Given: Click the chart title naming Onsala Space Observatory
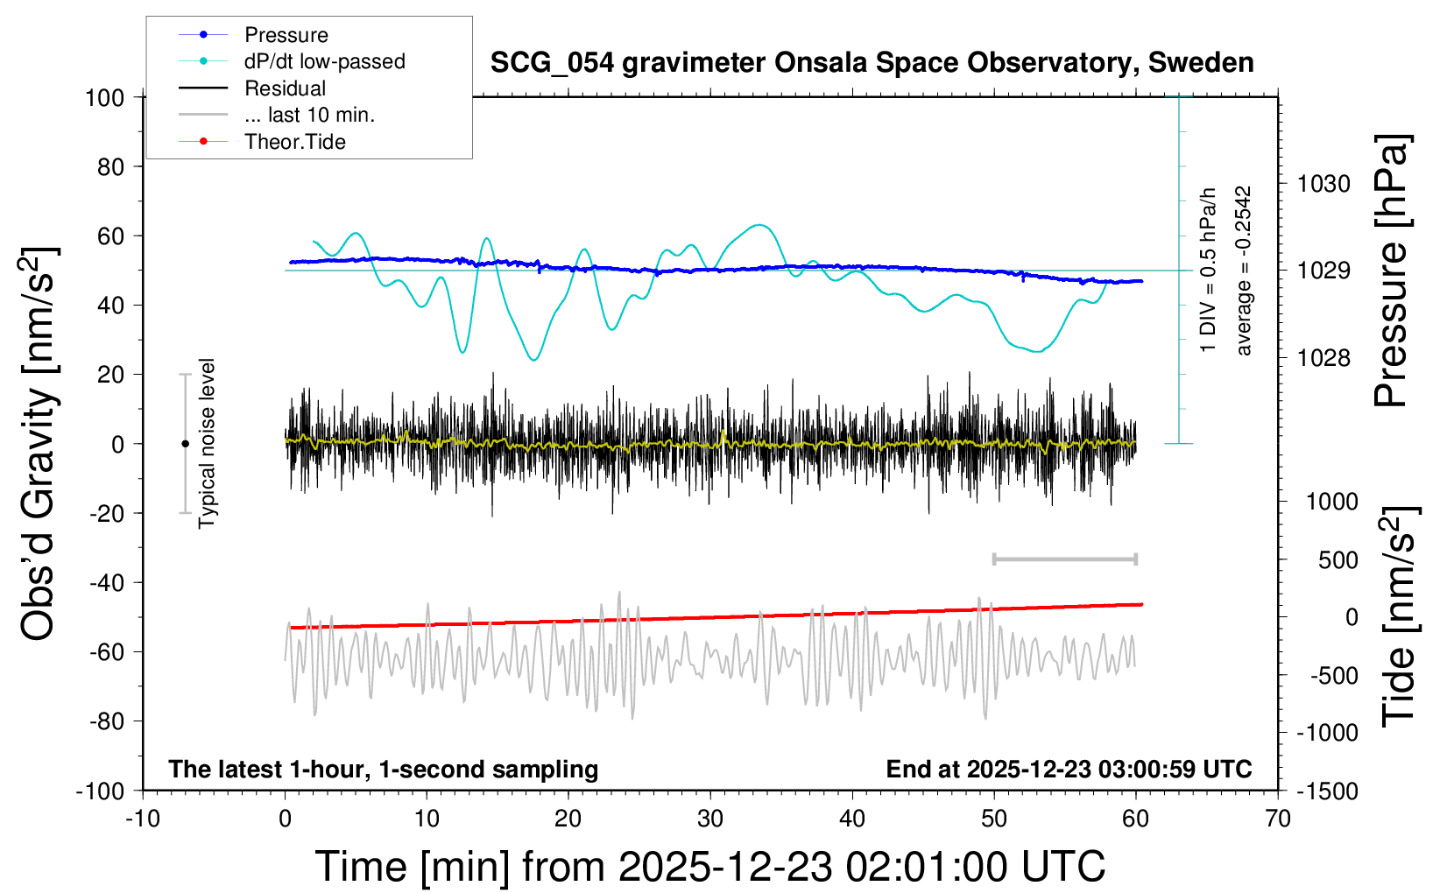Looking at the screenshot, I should (872, 63).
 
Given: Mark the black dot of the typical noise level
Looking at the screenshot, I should (185, 444).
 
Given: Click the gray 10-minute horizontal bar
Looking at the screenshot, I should (1064, 559).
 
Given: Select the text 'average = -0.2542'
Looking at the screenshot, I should (1243, 271).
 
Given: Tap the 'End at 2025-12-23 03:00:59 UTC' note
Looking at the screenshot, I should (1069, 770).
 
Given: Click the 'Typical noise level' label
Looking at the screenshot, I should (207, 444).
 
